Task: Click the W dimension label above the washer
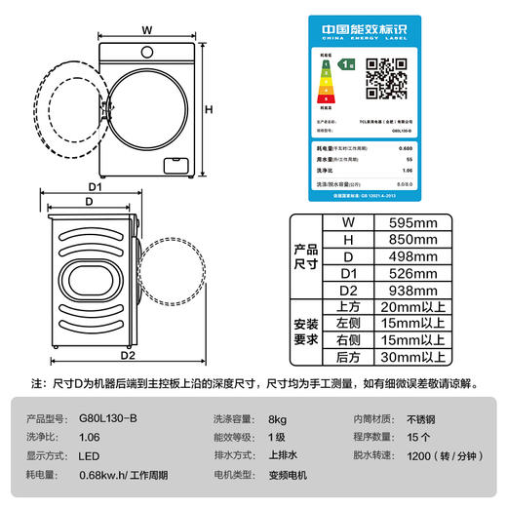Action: point(146,29)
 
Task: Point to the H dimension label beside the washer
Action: point(208,109)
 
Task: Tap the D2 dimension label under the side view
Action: point(127,356)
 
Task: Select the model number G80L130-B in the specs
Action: point(106,417)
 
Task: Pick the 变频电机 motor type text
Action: point(290,475)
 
